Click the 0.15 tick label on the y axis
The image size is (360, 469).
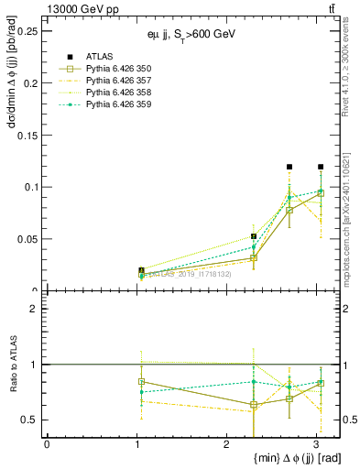coord(27,135)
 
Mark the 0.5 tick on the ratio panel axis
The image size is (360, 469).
coord(30,420)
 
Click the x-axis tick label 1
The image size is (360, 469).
coord(136,444)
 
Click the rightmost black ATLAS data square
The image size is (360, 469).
coord(321,167)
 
